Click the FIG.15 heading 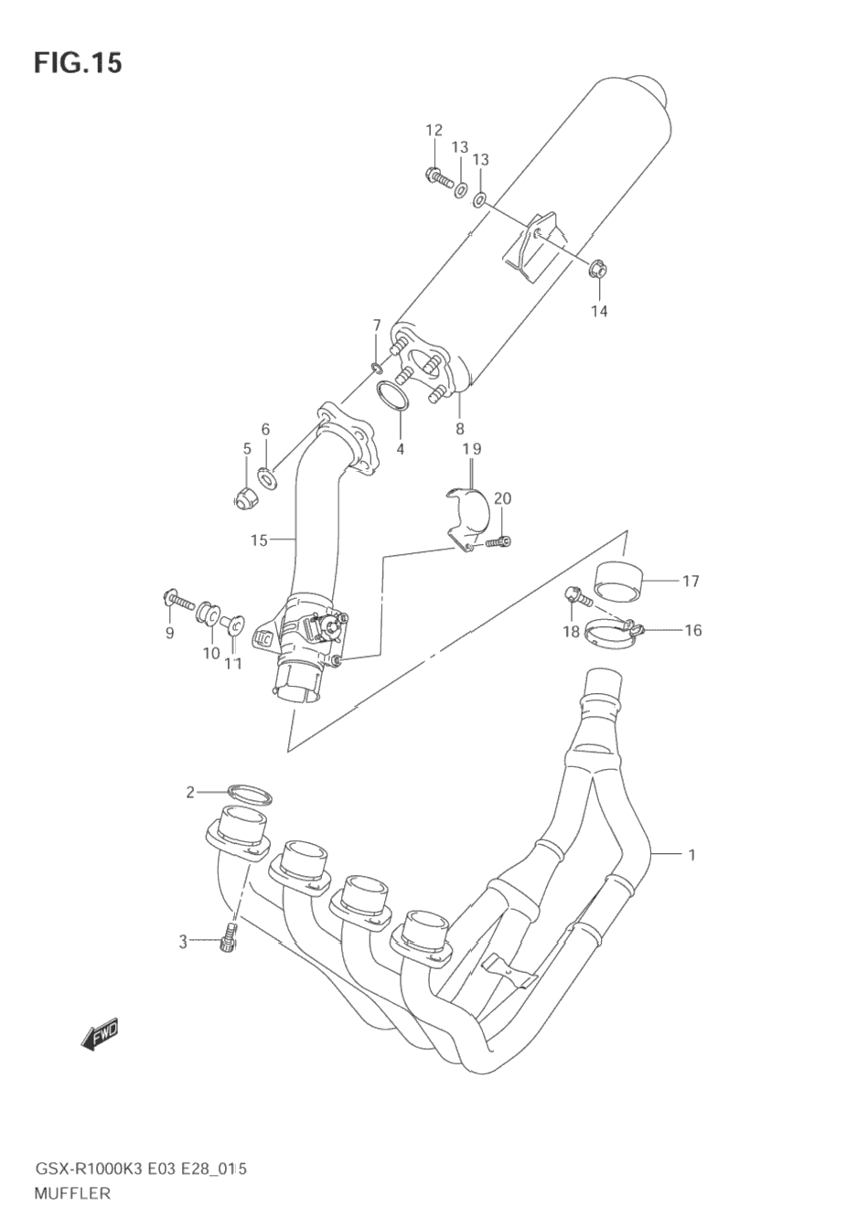[x=78, y=63]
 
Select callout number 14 [x=599, y=312]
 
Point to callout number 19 [x=472, y=449]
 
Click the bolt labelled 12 [x=440, y=177]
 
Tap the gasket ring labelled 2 [x=250, y=794]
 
